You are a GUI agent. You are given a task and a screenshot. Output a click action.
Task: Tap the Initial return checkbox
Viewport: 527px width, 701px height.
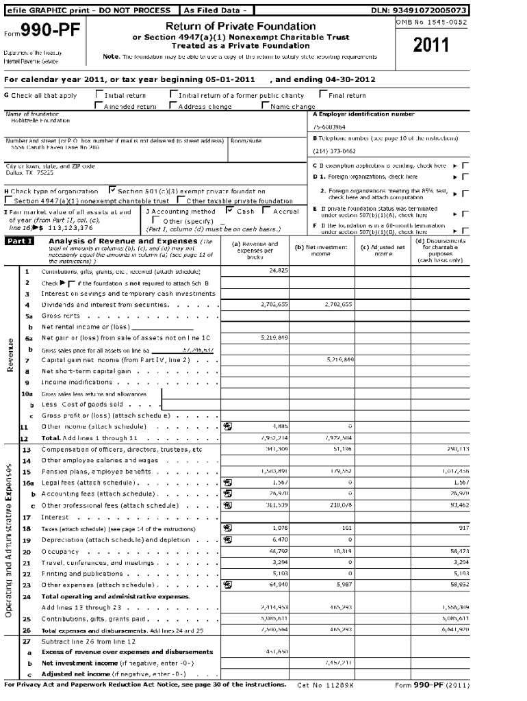click(x=99, y=96)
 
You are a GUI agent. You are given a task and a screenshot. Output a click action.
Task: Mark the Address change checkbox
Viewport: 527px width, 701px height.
click(x=173, y=106)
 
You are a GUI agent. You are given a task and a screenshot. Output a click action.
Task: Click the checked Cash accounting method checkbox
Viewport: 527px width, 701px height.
click(x=230, y=212)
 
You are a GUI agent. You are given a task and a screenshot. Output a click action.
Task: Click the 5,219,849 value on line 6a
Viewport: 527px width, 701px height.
click(x=274, y=337)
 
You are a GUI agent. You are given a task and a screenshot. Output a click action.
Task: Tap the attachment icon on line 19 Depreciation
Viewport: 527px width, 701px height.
click(x=227, y=539)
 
